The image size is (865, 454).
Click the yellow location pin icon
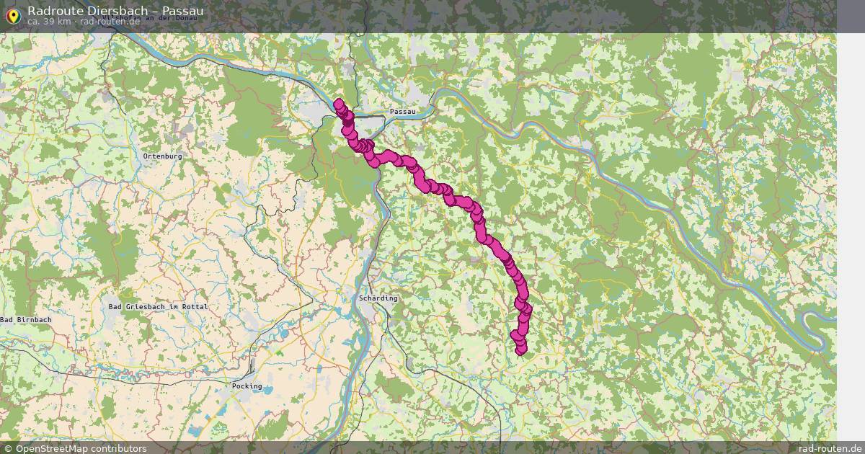click(12, 14)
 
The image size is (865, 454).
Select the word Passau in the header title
click(182, 11)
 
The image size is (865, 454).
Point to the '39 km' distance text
click(58, 22)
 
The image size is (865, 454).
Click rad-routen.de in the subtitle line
click(110, 22)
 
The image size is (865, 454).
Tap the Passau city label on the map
click(402, 112)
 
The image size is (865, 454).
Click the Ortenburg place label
click(162, 156)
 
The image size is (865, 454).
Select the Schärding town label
click(378, 298)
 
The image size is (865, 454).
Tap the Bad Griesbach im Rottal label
click(158, 307)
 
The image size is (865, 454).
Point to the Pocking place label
click(247, 386)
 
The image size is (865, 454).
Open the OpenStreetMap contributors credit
click(75, 448)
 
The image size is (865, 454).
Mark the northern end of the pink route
click(338, 104)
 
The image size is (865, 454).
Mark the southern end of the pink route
click(521, 350)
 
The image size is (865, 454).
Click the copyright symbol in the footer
click(8, 448)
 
